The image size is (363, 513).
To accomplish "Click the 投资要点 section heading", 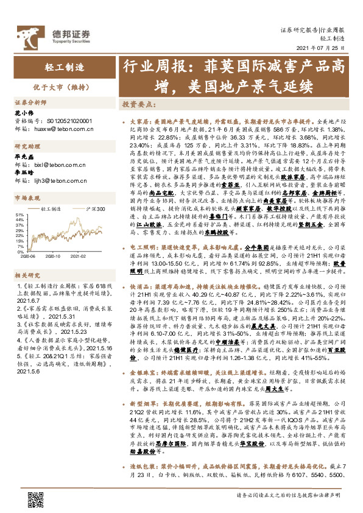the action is pyautogui.click(x=136, y=104).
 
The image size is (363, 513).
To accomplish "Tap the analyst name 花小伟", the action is pyautogui.click(x=24, y=113).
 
